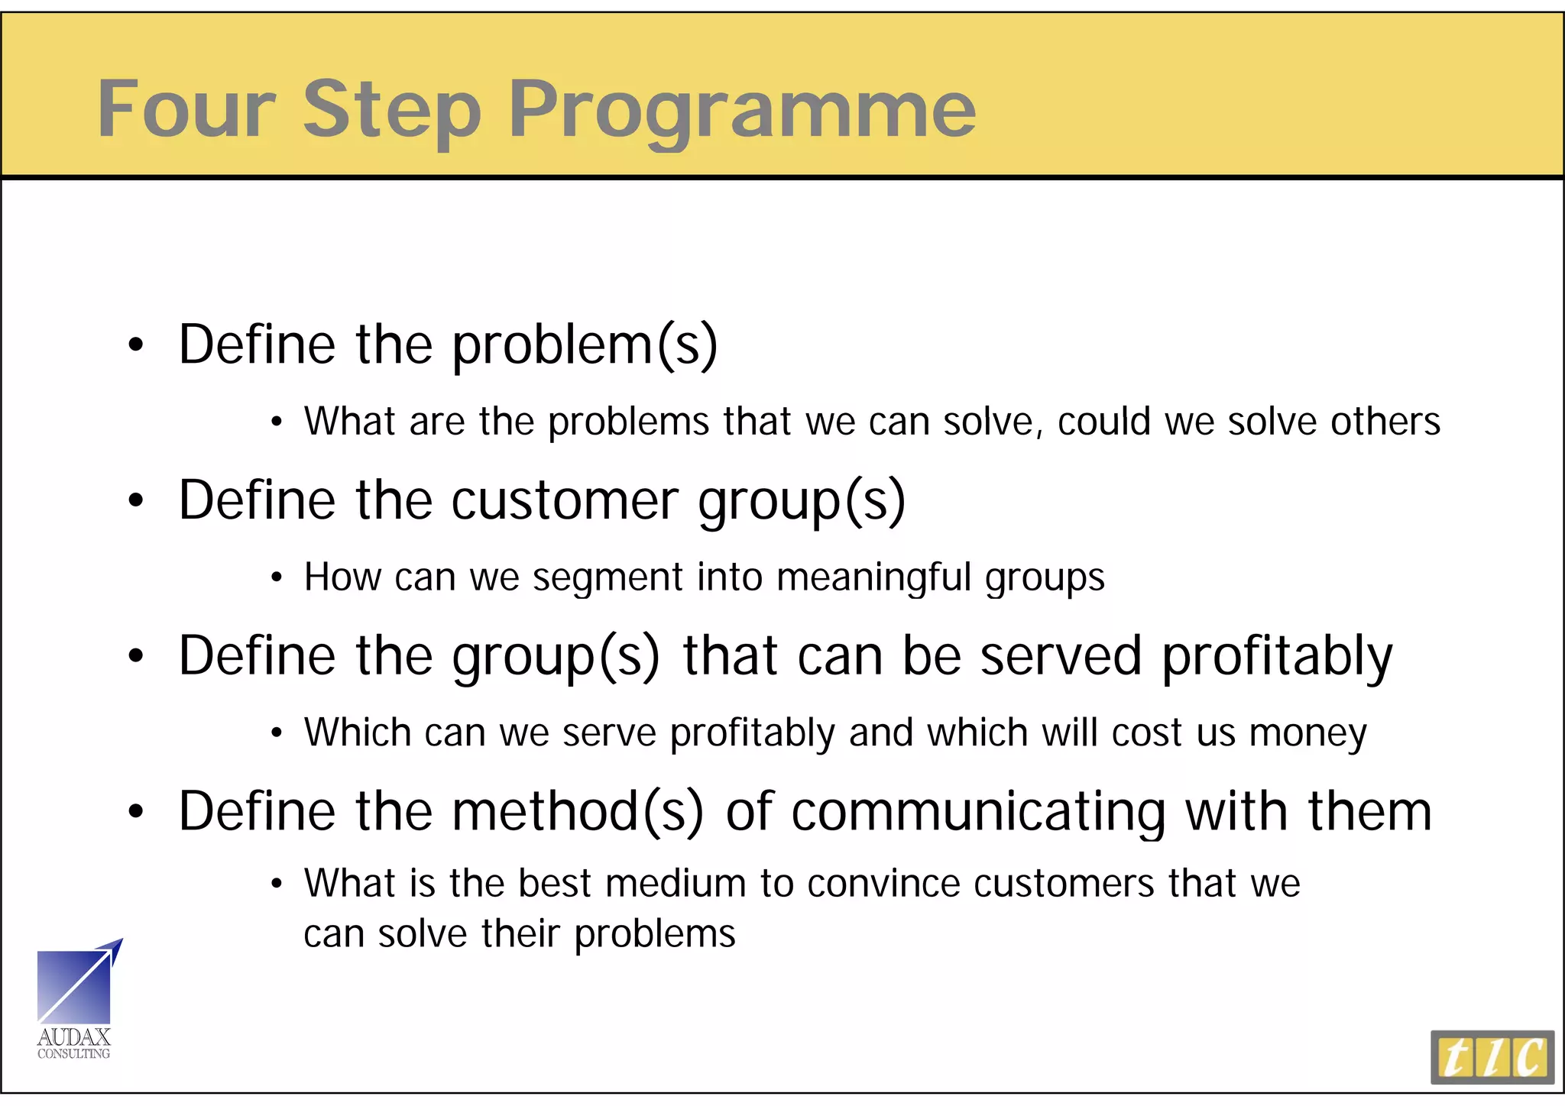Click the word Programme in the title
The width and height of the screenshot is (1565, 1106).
(x=741, y=111)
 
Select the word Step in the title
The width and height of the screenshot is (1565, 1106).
(x=392, y=111)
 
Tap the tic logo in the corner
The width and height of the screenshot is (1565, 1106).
(x=1492, y=1057)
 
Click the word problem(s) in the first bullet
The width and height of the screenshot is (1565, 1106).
(x=585, y=346)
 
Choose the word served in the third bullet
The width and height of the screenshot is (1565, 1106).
(x=1061, y=656)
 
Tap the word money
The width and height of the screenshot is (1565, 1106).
(x=1307, y=733)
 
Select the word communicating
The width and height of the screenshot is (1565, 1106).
(x=978, y=811)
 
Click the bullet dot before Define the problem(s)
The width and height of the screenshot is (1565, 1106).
(x=136, y=346)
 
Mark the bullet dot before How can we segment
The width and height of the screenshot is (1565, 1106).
(x=277, y=578)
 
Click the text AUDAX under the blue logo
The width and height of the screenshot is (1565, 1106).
(x=74, y=1037)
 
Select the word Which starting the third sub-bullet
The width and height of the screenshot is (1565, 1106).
(x=357, y=732)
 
